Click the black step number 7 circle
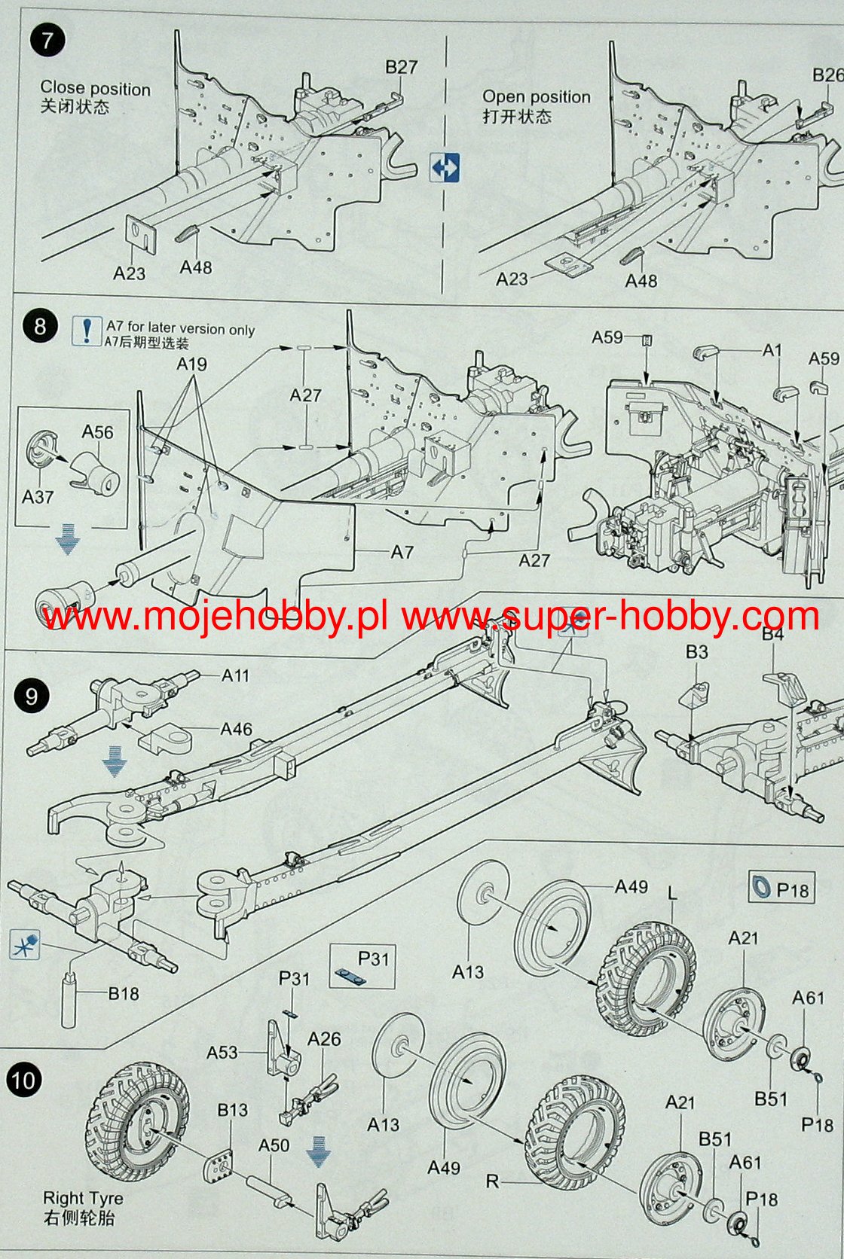tap(47, 40)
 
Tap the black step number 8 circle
tap(41, 326)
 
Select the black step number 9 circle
tap(31, 695)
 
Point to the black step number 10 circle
tap(23, 1081)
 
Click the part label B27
tap(401, 67)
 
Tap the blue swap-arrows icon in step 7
tap(445, 167)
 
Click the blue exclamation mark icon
tap(87, 331)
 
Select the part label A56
tap(98, 432)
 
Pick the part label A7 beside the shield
tap(402, 552)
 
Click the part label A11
tap(235, 675)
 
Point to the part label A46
tap(236, 729)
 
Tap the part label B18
tap(124, 993)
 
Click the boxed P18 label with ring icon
tap(781, 889)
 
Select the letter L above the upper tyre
tap(673, 893)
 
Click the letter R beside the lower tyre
tap(492, 1181)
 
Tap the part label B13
tap(232, 1110)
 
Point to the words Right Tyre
tap(83, 1198)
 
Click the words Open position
tap(537, 97)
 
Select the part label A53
tap(222, 1052)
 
